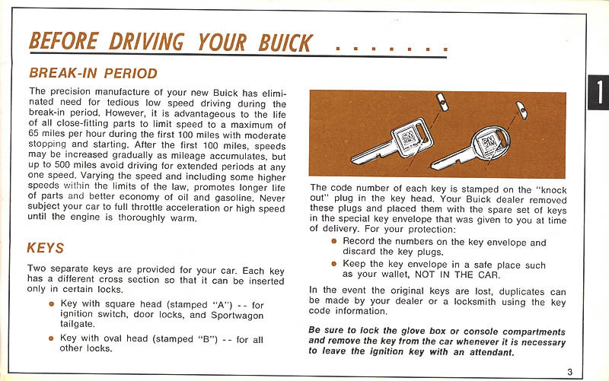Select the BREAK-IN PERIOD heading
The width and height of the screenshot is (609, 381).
tap(93, 74)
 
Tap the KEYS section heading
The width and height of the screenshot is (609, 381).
tap(45, 248)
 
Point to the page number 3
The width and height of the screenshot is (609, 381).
tap(569, 371)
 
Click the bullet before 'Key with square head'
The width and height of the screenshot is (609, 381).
tap(51, 304)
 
